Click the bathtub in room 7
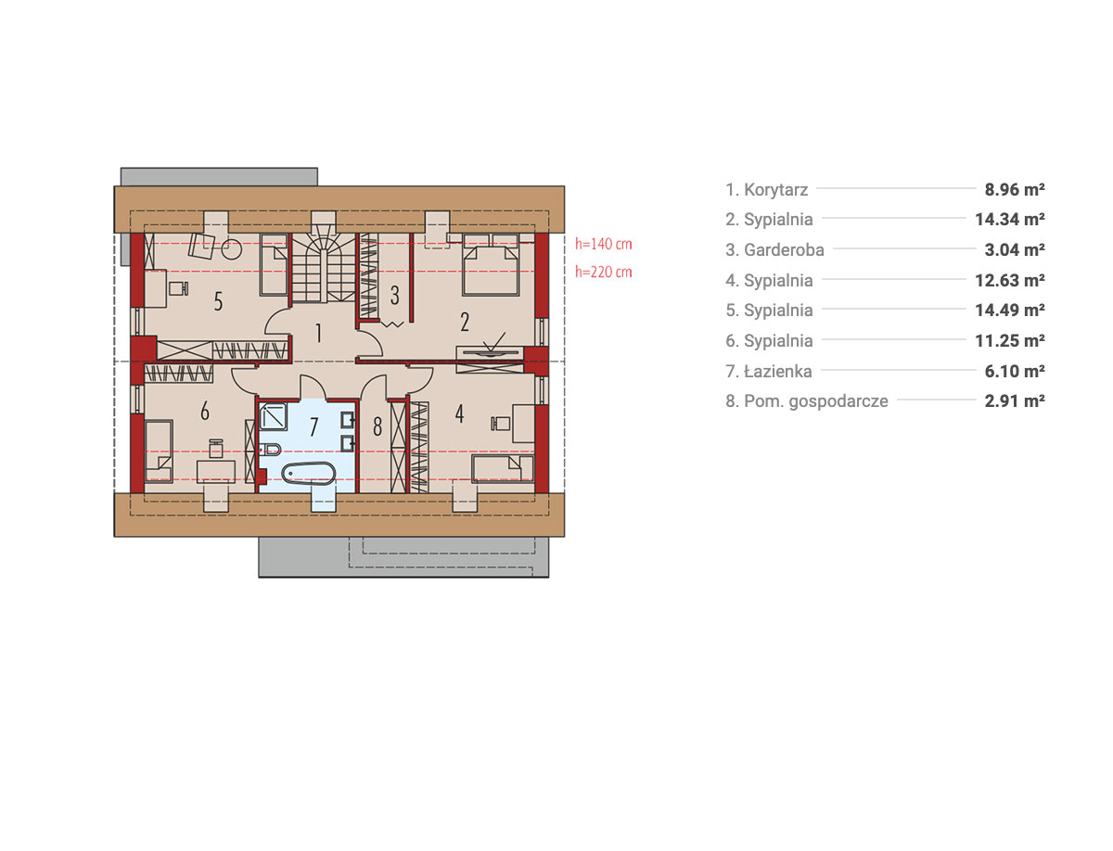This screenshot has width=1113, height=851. tap(308, 474)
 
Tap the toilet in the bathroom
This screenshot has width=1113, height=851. tap(270, 449)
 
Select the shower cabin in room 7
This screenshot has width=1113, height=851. tap(273, 415)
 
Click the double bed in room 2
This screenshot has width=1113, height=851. tap(490, 264)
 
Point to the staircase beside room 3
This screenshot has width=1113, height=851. tap(323, 269)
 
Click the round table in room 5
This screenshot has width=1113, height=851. tap(231, 248)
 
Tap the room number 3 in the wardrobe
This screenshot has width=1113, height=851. tap(394, 295)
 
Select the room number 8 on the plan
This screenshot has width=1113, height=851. tap(377, 426)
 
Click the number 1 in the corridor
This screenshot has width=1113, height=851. tap(318, 333)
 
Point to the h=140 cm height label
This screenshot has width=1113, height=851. tap(603, 244)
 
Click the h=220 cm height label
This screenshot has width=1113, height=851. tap(603, 272)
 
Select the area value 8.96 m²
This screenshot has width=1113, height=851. tap(1014, 189)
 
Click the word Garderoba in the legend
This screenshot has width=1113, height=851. tap(784, 250)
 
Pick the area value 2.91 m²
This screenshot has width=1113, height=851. tap(1014, 400)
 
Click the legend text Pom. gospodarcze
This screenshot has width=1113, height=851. tap(816, 401)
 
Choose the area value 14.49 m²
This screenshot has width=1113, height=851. tap(1009, 311)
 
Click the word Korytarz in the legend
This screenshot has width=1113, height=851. tap(775, 190)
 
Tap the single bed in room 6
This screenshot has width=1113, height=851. tap(159, 451)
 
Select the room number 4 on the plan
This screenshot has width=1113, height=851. tap(459, 413)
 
